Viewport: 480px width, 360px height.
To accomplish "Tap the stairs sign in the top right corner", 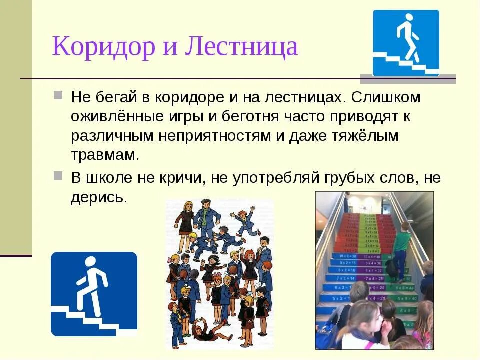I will click(406, 43).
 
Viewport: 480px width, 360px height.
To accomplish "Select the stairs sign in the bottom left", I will click(94, 294).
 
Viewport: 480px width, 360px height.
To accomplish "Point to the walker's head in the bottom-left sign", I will click(90, 262).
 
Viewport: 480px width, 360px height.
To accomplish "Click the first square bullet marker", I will click(58, 95).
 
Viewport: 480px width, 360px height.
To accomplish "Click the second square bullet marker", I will click(58, 175).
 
